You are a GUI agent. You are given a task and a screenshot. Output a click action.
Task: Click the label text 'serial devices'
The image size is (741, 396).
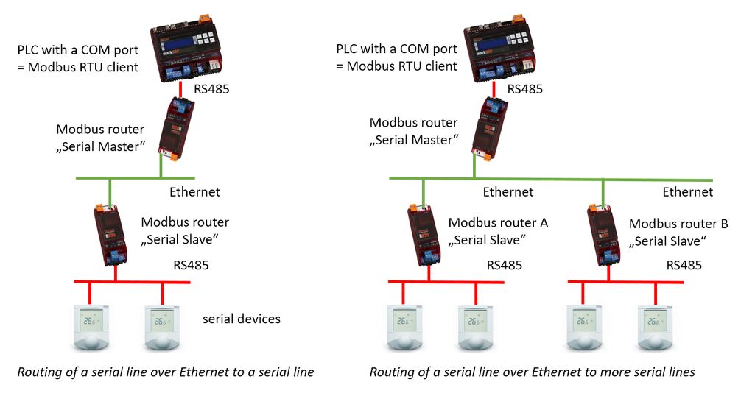[x=242, y=319]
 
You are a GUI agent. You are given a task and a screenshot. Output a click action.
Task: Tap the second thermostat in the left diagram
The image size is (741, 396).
[x=162, y=328]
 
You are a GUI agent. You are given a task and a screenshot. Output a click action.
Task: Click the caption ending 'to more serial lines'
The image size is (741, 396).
[x=532, y=372]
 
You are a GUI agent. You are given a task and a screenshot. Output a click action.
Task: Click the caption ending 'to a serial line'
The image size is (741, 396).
[x=166, y=372]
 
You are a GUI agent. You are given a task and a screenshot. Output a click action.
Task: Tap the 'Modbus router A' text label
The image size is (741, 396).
[x=498, y=223]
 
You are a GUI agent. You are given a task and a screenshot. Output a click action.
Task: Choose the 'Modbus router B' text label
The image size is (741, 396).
[x=678, y=223]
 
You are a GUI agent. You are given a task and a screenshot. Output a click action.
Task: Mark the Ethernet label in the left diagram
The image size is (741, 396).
[x=194, y=192]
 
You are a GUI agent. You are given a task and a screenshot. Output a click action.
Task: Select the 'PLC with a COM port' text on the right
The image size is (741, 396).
[x=396, y=49]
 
